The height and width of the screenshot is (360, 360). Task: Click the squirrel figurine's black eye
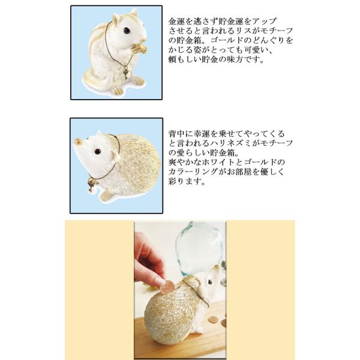point(127,31)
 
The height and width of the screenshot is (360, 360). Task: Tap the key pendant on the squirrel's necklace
point(125,73)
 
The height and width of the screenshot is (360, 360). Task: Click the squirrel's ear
point(116,19)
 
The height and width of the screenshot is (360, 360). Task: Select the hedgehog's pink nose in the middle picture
point(77,141)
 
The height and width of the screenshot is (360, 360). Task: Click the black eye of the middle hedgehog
point(98,151)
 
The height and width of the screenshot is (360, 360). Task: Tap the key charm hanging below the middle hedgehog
point(91,185)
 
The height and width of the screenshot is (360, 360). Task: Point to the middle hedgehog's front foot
point(106,195)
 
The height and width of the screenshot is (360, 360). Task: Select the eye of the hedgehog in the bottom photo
point(210,282)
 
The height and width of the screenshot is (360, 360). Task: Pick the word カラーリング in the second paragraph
point(193,172)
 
